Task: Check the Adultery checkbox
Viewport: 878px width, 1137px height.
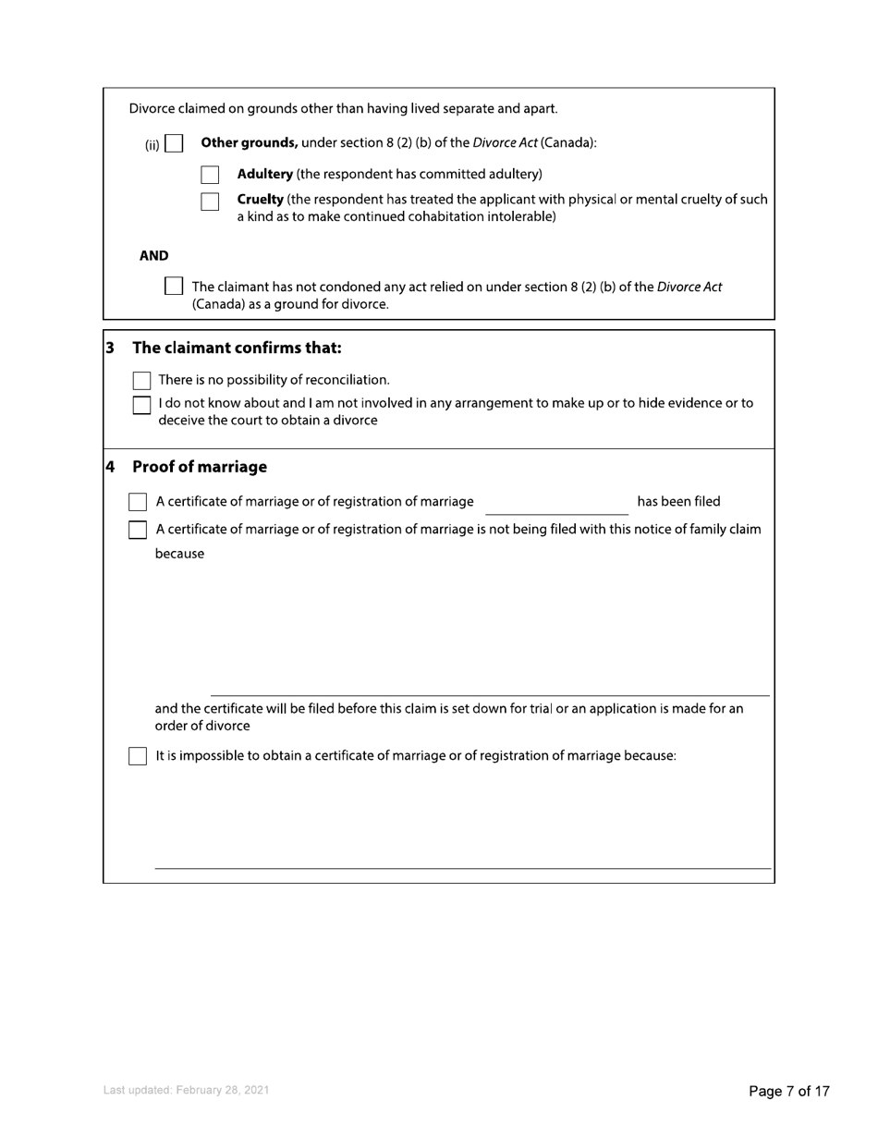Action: pos(210,175)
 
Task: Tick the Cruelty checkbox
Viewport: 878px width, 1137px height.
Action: pos(210,202)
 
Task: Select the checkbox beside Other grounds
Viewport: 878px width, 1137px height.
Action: pos(174,144)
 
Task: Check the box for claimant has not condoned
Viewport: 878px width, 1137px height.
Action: pos(173,286)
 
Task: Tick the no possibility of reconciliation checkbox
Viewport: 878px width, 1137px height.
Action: pos(142,381)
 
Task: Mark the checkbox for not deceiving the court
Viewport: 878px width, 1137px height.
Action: pos(142,405)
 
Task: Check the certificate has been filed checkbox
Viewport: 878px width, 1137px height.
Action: pos(138,502)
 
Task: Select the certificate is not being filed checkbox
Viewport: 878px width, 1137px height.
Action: pos(138,530)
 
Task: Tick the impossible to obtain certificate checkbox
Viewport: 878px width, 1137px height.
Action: pos(138,756)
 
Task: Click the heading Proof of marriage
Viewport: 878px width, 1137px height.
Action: pos(200,467)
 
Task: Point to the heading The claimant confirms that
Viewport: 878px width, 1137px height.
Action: pos(238,348)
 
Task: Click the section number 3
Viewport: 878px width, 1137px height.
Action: pos(110,348)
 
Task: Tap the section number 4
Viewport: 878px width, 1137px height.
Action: pos(110,467)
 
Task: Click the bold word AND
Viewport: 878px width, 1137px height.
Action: pos(153,256)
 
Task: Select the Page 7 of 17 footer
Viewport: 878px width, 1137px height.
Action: pos(788,1092)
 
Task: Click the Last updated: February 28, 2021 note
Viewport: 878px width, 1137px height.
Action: pos(187,1091)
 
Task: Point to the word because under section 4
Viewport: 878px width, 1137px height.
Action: pos(179,554)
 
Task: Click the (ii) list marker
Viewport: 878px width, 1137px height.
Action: pos(152,144)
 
